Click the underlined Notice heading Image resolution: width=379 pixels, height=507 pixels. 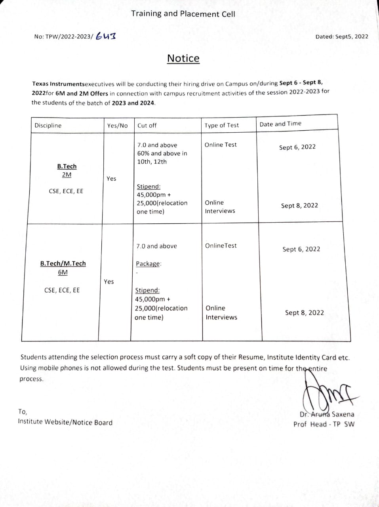[183, 59]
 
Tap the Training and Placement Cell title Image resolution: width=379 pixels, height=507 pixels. [183, 14]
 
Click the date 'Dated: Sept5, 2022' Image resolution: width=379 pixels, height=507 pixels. [341, 36]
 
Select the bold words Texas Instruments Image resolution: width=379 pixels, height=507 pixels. [58, 84]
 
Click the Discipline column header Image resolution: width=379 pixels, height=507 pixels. [48, 126]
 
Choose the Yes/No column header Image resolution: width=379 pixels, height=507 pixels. [117, 126]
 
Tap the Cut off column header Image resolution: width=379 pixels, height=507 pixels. [147, 126]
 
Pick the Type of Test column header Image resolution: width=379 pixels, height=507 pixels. [221, 126]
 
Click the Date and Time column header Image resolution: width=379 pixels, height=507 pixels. [280, 124]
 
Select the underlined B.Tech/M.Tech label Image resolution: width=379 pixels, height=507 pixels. [63, 263]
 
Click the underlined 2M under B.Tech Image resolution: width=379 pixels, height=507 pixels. [67, 175]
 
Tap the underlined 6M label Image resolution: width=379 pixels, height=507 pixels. [63, 273]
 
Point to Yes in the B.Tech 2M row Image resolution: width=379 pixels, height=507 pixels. [111, 179]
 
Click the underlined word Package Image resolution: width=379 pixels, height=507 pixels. [149, 264]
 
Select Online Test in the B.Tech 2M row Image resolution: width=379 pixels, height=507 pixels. [220, 145]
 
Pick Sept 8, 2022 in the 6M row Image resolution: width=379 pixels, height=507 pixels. [304, 313]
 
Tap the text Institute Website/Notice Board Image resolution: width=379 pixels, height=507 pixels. [65, 422]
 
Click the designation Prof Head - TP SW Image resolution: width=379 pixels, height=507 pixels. [324, 424]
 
